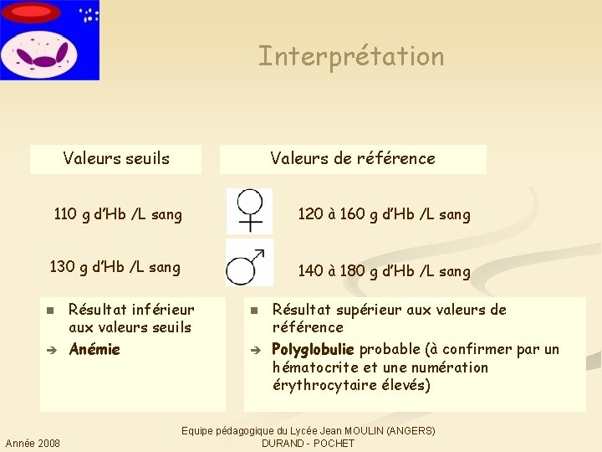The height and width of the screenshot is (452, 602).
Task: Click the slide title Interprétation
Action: (351, 57)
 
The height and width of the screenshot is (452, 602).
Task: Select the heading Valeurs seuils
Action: (116, 158)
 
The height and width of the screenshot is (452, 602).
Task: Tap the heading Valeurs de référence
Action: (353, 158)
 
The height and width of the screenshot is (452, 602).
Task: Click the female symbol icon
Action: (250, 210)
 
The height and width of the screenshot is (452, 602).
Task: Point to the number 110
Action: (64, 214)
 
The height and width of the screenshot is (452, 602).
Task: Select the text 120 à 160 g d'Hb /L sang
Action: (384, 214)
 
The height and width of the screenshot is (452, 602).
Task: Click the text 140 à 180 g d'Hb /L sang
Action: (384, 271)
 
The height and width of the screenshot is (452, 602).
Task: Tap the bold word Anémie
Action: (94, 349)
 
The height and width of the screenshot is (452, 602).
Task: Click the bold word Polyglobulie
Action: (314, 349)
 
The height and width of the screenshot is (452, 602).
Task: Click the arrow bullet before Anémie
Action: (49, 350)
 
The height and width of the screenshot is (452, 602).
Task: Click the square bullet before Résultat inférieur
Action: (49, 311)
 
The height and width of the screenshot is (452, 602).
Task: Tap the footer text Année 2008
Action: (33, 443)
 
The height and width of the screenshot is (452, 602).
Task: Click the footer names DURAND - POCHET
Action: (308, 443)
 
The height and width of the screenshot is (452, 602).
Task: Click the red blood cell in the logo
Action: (32, 12)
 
